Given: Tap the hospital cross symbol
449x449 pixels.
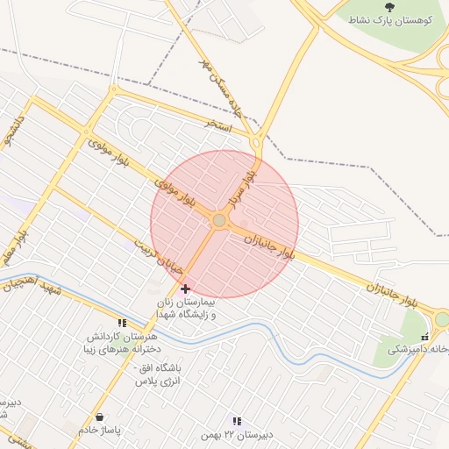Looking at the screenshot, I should (x=184, y=289).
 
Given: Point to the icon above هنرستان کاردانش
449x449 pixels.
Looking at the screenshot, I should (x=122, y=323).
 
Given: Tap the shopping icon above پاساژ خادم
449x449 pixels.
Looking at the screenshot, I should (x=98, y=416).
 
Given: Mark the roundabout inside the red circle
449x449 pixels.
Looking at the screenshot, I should (x=218, y=222).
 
